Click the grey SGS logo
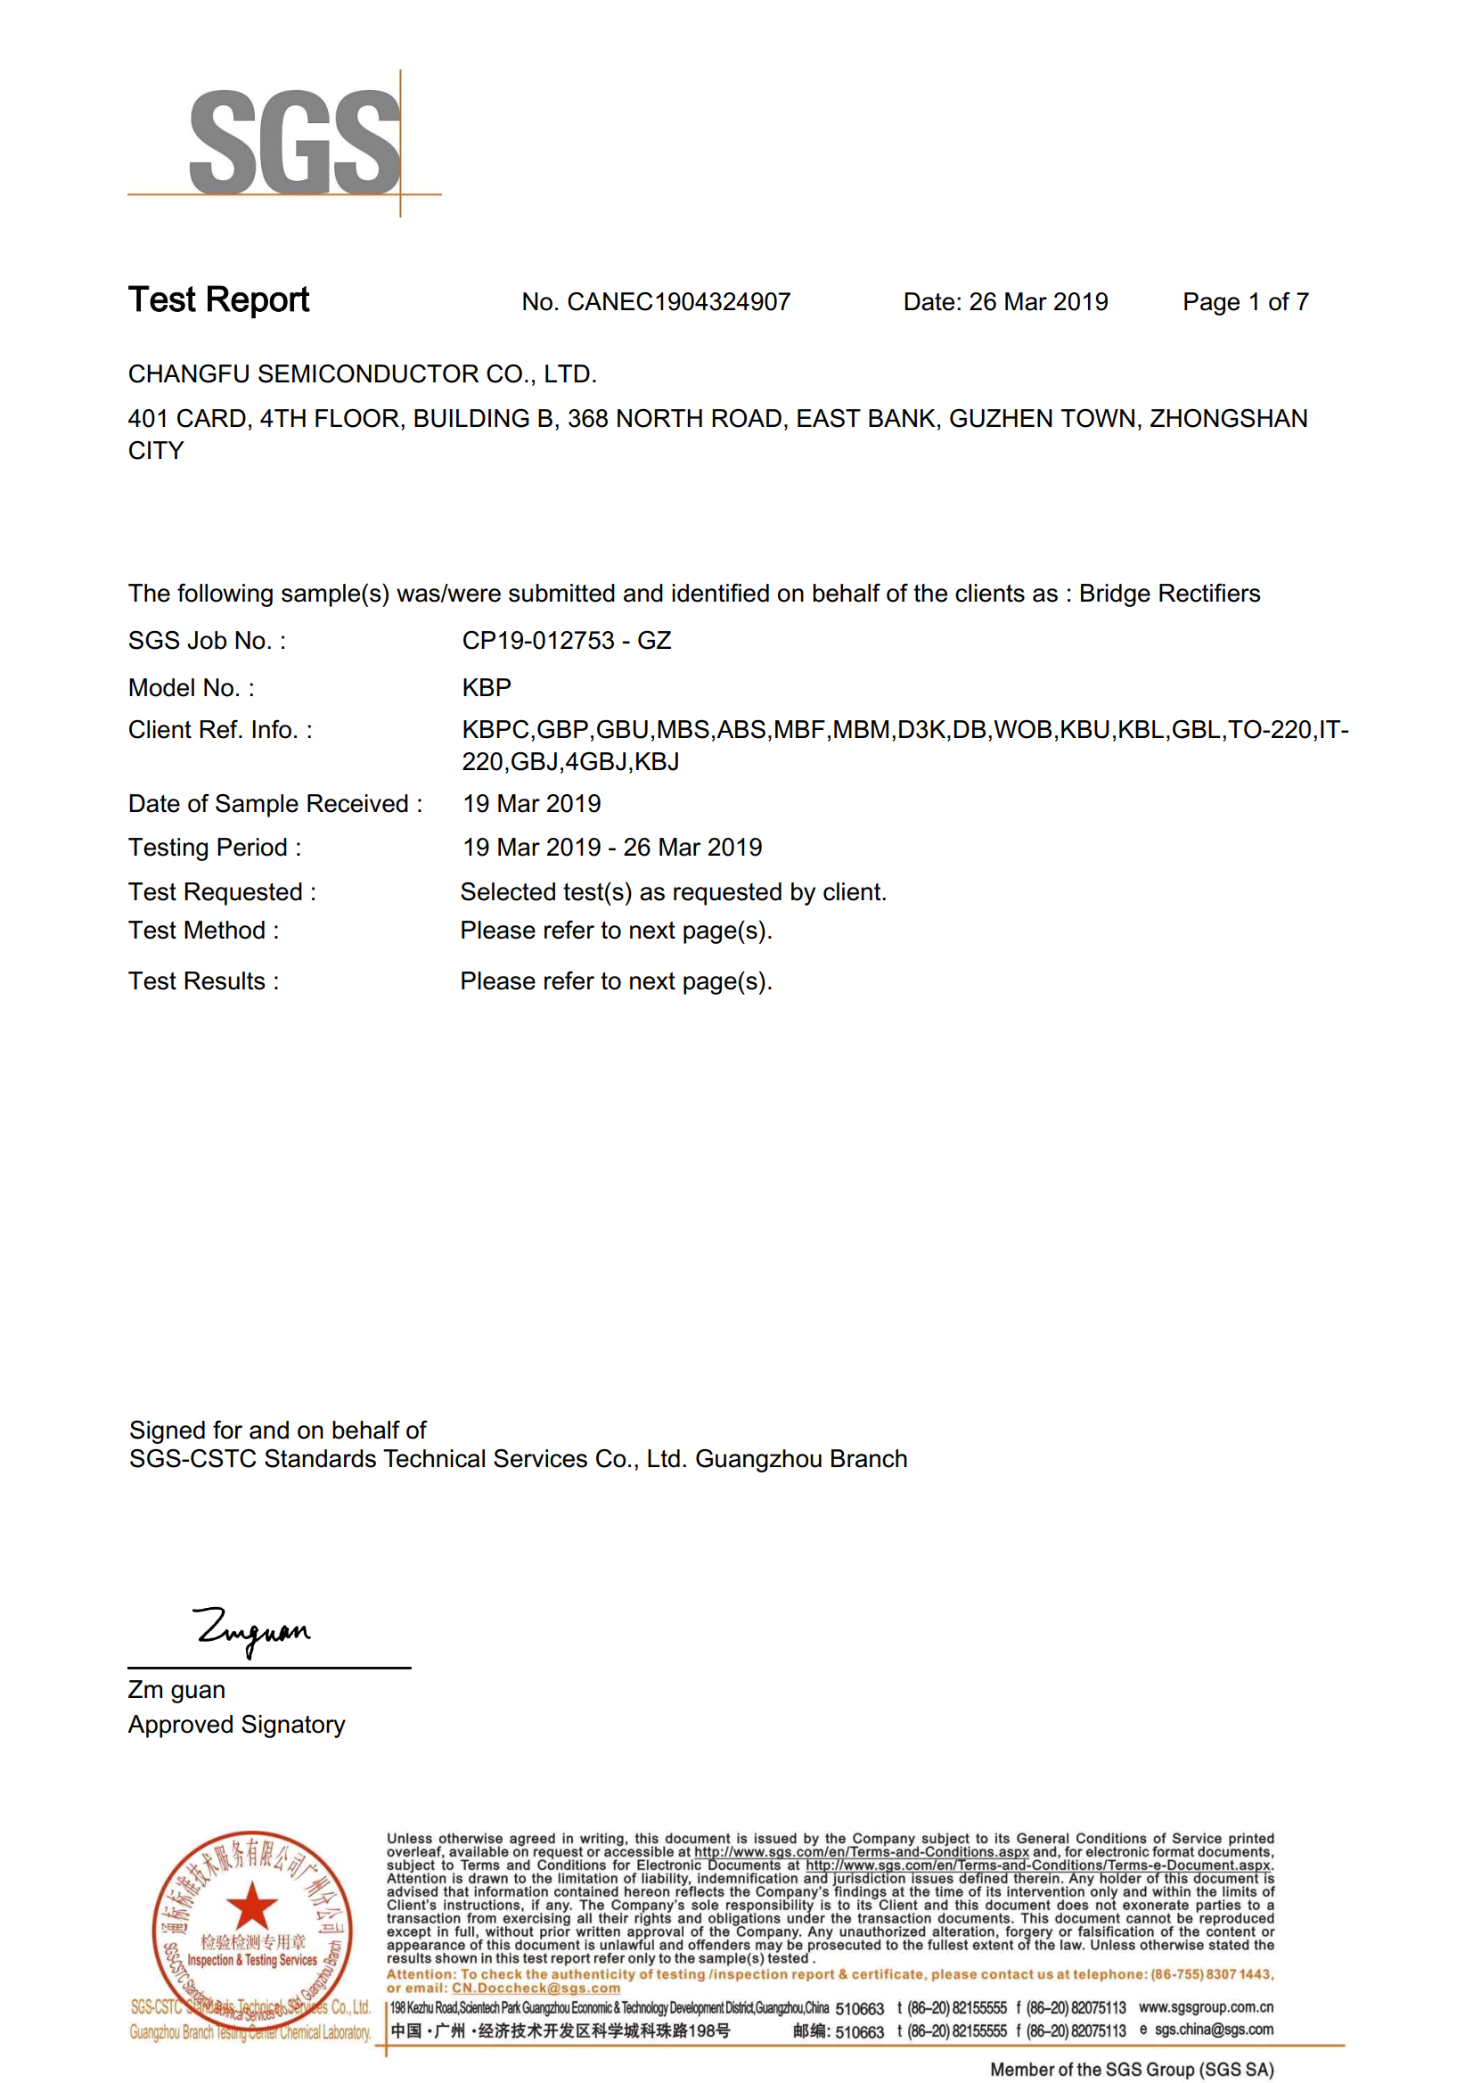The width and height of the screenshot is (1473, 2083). (294, 142)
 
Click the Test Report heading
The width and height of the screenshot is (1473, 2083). (218, 299)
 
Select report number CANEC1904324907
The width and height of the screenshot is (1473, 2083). (678, 302)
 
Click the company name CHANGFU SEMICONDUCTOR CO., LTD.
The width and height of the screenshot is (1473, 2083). (362, 373)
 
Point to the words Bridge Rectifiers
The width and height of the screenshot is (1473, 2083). (1169, 594)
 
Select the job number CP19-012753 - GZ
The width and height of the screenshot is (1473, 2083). (566, 641)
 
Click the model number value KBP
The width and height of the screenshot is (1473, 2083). (487, 688)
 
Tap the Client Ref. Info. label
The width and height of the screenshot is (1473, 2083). (219, 730)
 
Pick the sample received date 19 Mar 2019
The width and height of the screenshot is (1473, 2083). (531, 804)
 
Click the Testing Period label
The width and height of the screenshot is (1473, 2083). (214, 848)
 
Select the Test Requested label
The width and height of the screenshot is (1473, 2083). (221, 892)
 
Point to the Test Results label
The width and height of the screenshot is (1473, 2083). (203, 980)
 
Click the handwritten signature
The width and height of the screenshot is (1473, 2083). (252, 1630)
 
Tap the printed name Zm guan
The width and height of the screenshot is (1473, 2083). (176, 1689)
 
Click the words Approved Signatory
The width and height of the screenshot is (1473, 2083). (236, 1724)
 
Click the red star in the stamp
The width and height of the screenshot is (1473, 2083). (251, 1906)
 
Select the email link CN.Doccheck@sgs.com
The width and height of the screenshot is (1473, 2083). (536, 1988)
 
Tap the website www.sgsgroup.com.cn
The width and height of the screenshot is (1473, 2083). (1206, 2007)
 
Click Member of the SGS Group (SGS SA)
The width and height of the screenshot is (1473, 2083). (1131, 2069)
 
